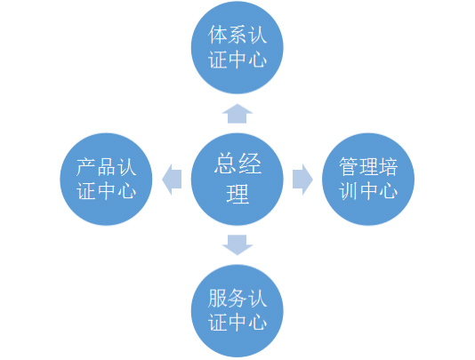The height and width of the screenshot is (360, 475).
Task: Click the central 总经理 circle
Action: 237,180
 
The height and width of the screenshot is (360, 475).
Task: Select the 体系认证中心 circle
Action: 237,47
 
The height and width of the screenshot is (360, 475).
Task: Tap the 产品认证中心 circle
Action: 106,180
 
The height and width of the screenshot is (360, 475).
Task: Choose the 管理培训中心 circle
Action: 368,180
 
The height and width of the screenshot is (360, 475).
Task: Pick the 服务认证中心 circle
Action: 237,311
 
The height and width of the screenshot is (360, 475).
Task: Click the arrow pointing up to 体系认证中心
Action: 237,114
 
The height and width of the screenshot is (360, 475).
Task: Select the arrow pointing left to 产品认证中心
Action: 172,180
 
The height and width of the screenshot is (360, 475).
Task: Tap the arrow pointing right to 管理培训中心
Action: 302,180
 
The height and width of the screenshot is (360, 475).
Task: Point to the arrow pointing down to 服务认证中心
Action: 237,245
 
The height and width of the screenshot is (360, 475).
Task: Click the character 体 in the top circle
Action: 218,35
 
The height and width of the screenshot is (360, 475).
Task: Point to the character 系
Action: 237,35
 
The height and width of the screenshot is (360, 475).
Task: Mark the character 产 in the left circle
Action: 86,166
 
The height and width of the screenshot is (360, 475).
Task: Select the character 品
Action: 106,166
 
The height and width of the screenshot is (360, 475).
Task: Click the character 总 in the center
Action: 225,164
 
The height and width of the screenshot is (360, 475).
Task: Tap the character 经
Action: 250,164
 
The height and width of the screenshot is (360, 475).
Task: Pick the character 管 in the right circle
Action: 349,166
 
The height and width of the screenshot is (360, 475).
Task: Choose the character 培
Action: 388,166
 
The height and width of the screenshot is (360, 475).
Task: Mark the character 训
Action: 349,191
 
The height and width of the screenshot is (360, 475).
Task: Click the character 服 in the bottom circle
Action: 218,299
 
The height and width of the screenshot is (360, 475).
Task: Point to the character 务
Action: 237,299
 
